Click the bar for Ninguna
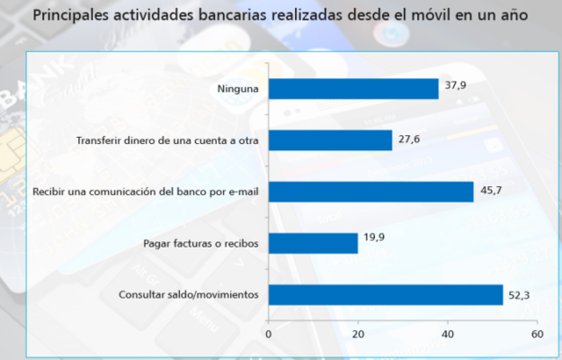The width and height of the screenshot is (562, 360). pyautogui.click(x=353, y=88)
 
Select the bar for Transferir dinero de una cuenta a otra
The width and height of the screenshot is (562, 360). pyautogui.click(x=330, y=140)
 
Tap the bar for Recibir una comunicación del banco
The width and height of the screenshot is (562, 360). pyautogui.click(x=370, y=192)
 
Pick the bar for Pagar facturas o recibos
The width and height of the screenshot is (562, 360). pyautogui.click(x=313, y=243)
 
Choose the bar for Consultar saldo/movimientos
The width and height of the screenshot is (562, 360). pyautogui.click(x=386, y=294)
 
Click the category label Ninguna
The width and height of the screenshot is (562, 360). pyautogui.click(x=237, y=89)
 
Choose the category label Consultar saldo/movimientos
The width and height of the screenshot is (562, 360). pyautogui.click(x=189, y=295)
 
